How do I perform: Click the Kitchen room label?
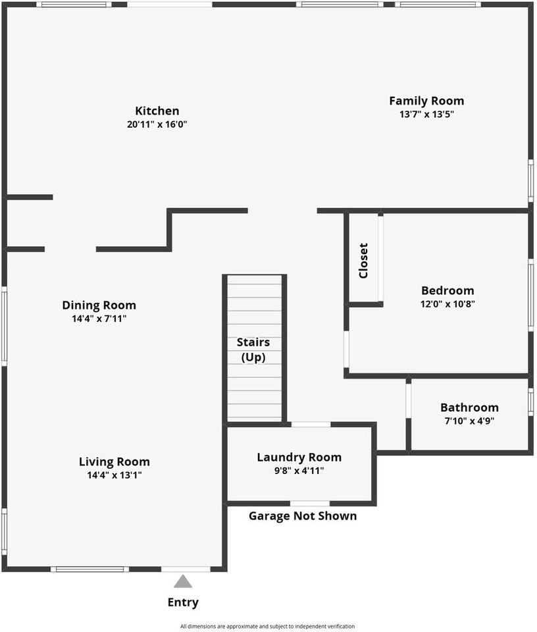click(157, 111)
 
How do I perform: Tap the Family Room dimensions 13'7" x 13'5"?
click(426, 114)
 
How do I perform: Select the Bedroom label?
click(447, 290)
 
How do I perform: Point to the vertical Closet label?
click(363, 261)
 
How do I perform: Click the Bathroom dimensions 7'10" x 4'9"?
click(469, 421)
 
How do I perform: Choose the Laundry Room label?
click(299, 457)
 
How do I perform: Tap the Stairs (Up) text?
click(253, 350)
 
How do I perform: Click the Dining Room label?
click(99, 305)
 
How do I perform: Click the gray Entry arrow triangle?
click(183, 581)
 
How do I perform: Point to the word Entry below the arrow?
click(183, 602)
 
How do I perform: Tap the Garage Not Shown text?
click(303, 515)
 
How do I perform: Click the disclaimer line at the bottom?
click(267, 626)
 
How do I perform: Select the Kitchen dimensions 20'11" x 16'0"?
click(157, 124)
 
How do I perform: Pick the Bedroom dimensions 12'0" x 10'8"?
click(447, 303)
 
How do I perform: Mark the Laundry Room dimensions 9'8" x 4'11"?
click(299, 470)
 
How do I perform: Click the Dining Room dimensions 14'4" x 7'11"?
click(99, 319)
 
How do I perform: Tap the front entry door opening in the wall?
click(186, 569)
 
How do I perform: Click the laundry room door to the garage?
click(310, 504)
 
